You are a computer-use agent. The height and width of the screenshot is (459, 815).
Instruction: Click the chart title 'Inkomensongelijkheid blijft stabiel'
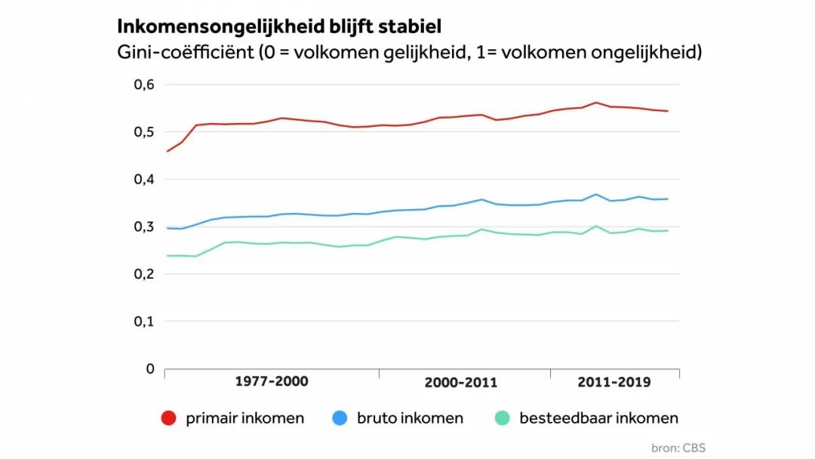click(279, 26)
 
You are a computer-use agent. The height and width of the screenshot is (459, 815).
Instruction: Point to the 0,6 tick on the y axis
click(143, 85)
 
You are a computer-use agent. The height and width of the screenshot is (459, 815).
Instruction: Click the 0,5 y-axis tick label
click(143, 132)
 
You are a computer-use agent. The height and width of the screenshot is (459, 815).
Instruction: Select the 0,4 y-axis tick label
click(143, 180)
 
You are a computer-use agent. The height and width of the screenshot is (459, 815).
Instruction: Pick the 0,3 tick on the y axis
click(143, 226)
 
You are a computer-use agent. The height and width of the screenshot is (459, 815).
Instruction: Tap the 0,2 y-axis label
click(143, 274)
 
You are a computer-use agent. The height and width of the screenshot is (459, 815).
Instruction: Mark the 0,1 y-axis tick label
click(143, 322)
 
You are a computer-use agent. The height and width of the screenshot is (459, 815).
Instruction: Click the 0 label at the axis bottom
click(149, 368)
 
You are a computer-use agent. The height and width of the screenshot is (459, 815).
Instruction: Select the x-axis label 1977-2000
click(271, 381)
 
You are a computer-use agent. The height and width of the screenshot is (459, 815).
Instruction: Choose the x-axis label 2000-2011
click(460, 382)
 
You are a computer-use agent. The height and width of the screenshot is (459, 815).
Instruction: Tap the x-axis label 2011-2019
click(614, 382)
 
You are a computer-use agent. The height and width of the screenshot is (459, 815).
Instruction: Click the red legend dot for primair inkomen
click(169, 418)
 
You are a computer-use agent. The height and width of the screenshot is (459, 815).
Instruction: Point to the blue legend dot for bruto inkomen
click(340, 418)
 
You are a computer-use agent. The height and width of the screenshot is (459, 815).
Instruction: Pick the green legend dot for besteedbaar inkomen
click(502, 418)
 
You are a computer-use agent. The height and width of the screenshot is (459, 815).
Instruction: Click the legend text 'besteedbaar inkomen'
click(598, 418)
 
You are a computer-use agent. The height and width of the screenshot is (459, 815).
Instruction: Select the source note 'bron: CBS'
click(678, 447)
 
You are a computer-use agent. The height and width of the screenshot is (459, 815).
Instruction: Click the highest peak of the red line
click(596, 103)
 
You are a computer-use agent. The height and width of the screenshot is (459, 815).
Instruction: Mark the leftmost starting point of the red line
click(167, 152)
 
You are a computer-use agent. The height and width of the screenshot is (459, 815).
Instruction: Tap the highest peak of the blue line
click(596, 195)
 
